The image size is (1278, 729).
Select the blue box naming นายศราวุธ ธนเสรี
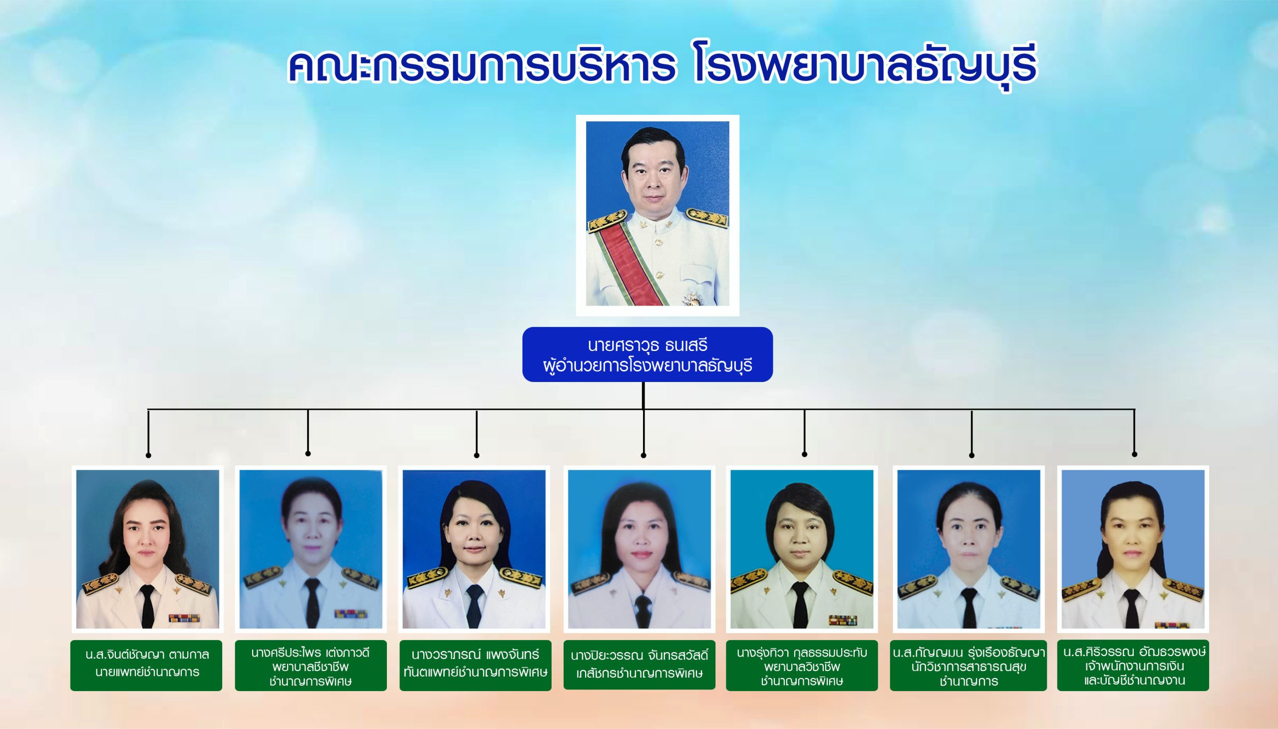[648, 355]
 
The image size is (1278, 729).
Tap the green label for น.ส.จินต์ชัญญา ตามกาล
[146, 666]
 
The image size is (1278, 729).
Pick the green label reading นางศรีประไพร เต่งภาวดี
[311, 666]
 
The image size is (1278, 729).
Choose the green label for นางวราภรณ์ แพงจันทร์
[476, 666]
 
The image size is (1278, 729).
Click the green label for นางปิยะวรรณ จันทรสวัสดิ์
[639, 665]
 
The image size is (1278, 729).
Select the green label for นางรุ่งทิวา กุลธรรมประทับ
[802, 666]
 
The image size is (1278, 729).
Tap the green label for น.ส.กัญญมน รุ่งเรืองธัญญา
[968, 666]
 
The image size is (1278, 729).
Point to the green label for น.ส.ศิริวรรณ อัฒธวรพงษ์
[1133, 666]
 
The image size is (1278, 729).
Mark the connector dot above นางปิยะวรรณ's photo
[643, 455]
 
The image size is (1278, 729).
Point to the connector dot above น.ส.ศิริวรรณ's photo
[1134, 454]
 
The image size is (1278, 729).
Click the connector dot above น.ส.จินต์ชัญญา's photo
[148, 455]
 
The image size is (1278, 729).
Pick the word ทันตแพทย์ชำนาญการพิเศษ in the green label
[476, 672]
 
